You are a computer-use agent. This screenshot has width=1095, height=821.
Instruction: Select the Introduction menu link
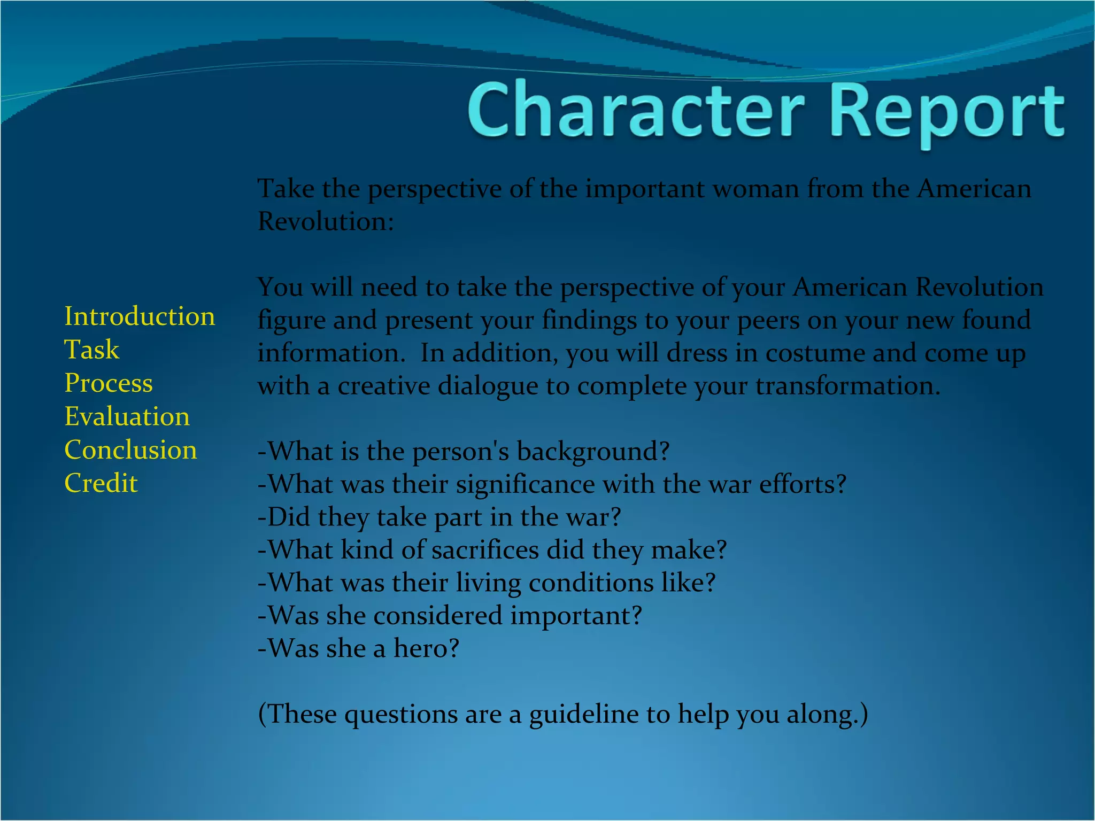pos(140,316)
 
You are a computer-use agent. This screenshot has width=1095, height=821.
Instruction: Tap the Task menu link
pos(91,350)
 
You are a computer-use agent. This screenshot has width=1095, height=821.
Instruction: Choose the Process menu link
pos(109,383)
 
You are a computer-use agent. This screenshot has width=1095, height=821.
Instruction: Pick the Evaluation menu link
pos(127,416)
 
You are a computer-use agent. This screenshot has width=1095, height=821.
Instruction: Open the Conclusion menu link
pos(130,450)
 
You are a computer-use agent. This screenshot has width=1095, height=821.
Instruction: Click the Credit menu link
pos(101,483)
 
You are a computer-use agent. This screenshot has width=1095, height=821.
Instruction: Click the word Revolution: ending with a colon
pos(326,221)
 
